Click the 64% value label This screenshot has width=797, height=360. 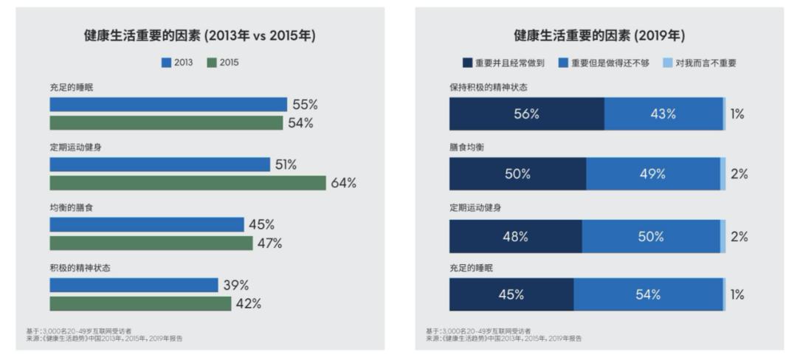[x=343, y=183]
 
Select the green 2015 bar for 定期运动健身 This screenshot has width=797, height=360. [x=187, y=183]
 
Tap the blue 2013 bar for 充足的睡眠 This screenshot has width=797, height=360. [x=168, y=105]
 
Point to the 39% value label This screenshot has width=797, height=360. [x=236, y=285]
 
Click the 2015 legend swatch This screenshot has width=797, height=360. [x=210, y=63]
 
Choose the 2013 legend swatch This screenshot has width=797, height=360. [x=166, y=63]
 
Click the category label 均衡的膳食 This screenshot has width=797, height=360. [x=72, y=208]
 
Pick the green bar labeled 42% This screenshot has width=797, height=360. [x=140, y=303]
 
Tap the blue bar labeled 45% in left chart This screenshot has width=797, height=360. [x=147, y=224]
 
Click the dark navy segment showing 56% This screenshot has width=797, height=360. [x=527, y=114]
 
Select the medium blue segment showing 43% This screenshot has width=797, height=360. [x=663, y=114]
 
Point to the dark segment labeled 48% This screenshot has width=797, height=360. [x=515, y=237]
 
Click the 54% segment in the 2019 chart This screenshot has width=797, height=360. [x=647, y=294]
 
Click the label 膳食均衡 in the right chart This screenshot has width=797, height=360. [x=466, y=147]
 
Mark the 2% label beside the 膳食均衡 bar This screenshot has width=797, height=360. [x=739, y=175]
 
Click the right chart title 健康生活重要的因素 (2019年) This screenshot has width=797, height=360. [x=599, y=35]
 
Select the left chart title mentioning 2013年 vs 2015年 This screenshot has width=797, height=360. [x=199, y=35]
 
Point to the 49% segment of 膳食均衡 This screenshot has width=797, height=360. [x=652, y=175]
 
